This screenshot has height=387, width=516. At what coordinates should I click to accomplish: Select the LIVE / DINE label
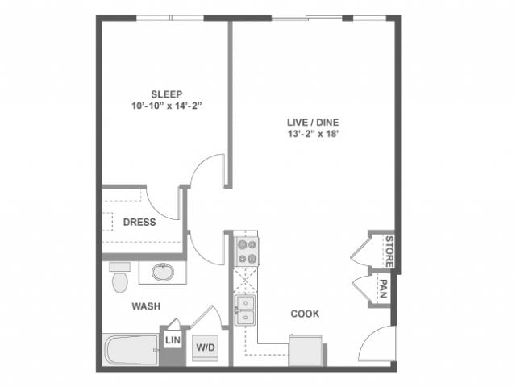pyautogui.click(x=314, y=123)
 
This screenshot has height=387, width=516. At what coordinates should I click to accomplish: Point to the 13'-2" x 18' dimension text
pyautogui.click(x=314, y=135)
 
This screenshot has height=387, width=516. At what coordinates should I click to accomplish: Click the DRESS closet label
pyautogui.click(x=139, y=222)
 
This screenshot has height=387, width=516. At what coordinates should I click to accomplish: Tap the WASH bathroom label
pyautogui.click(x=146, y=306)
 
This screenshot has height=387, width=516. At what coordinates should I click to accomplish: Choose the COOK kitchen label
pyautogui.click(x=305, y=314)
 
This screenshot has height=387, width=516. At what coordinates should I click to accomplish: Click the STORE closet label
pyautogui.click(x=388, y=251)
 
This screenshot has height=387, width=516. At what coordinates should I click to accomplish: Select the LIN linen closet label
pyautogui.click(x=172, y=340)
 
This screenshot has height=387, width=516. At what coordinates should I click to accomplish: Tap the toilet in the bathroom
pyautogui.click(x=120, y=279)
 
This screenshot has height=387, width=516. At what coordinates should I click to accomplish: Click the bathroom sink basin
pyautogui.click(x=163, y=272)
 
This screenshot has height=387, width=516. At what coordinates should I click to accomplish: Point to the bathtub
pyautogui.click(x=129, y=351)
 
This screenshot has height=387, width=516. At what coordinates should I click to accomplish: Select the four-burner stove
pyautogui.click(x=245, y=252)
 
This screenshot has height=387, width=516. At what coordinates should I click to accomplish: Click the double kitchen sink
pyautogui.click(x=244, y=309)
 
